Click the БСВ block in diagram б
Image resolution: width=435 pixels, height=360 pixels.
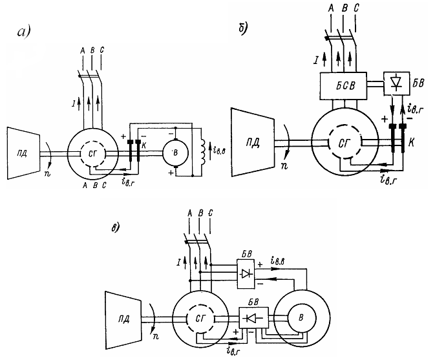coord(343,86)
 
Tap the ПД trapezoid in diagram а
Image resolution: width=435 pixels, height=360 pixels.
coord(23,153)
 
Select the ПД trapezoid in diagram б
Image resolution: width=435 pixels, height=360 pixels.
coord(253,142)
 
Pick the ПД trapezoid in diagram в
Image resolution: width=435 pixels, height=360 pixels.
coord(123,320)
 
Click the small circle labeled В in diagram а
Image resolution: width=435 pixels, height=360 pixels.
coord(175,153)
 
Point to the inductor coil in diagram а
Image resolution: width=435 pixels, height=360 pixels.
coord(204,152)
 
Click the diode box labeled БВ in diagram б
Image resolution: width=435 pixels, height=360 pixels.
coord(396,83)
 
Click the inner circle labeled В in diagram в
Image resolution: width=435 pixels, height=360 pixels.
coord(301,318)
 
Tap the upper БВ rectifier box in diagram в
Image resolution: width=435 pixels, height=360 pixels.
coord(246,274)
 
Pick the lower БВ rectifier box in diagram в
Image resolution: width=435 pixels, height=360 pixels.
coord(253,318)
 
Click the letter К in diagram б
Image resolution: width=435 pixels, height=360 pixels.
coord(412,143)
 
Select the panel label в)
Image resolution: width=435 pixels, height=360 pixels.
coord(115,228)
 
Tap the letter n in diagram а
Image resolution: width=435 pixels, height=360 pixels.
coord(47,175)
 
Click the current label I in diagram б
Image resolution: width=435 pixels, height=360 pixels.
coord(316,60)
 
